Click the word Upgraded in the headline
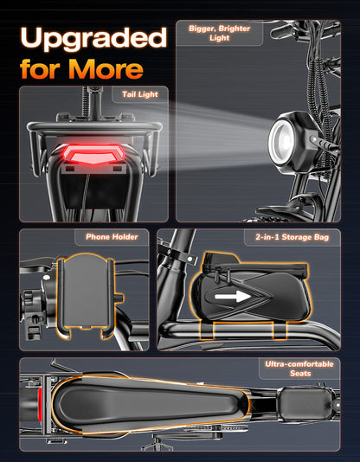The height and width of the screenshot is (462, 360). [93, 38]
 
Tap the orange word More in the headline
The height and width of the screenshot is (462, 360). [106, 69]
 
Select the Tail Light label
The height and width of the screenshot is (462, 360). [140, 94]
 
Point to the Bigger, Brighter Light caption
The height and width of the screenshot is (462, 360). [220, 33]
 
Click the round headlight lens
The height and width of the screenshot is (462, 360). [281, 142]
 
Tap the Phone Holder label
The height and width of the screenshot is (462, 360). [112, 237]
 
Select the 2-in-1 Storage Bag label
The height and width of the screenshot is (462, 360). [292, 237]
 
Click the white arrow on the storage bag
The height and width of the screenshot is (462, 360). [233, 297]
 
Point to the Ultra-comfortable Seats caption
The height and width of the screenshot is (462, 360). [299, 369]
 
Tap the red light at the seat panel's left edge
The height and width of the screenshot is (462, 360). [40, 404]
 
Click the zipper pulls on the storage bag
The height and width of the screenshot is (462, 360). [223, 276]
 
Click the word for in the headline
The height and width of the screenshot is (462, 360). [42, 69]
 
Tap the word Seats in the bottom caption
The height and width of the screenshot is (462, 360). [300, 373]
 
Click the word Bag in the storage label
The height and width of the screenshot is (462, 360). [322, 237]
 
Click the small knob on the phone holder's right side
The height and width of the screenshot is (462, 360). [119, 298]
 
